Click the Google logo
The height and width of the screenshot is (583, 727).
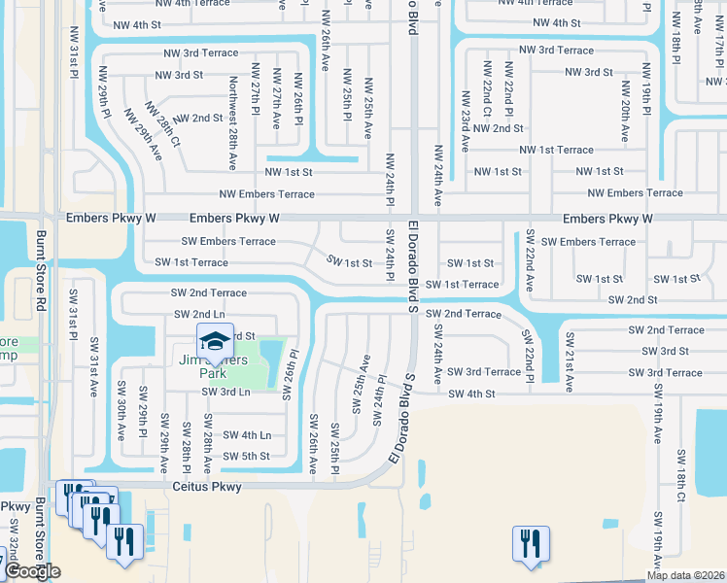pyautogui.click(x=31, y=571)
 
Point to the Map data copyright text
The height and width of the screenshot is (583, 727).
pyautogui.click(x=685, y=575)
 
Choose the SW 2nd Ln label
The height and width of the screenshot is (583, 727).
pyautogui.click(x=199, y=314)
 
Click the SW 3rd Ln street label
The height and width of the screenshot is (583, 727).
pyautogui.click(x=225, y=392)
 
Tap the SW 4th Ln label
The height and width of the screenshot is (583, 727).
pyautogui.click(x=247, y=435)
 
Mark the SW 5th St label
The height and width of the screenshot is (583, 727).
pyautogui.click(x=246, y=456)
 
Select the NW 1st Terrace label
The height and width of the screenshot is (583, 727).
pyautogui.click(x=556, y=150)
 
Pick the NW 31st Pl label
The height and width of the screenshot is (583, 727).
pyautogui.click(x=73, y=61)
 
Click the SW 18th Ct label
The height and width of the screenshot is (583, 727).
pyautogui.click(x=682, y=476)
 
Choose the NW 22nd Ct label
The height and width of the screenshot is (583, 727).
pyautogui.click(x=486, y=86)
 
